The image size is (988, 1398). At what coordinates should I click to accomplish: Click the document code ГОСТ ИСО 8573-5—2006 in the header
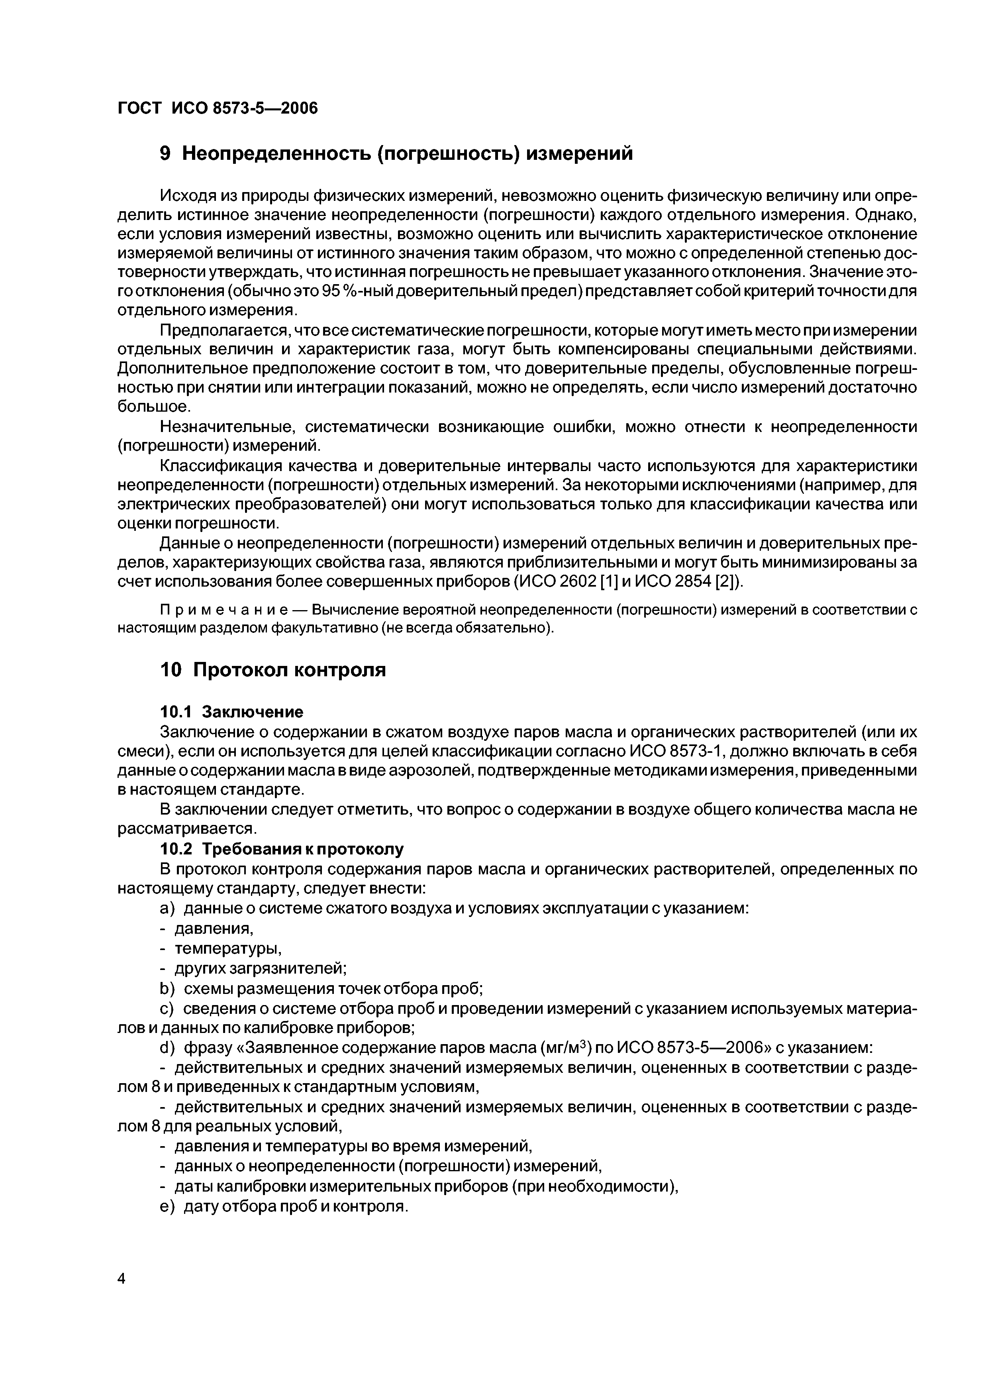click(218, 108)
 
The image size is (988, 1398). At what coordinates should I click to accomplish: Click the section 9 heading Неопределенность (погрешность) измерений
click(396, 153)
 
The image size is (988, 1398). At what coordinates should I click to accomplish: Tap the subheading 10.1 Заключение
click(231, 711)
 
